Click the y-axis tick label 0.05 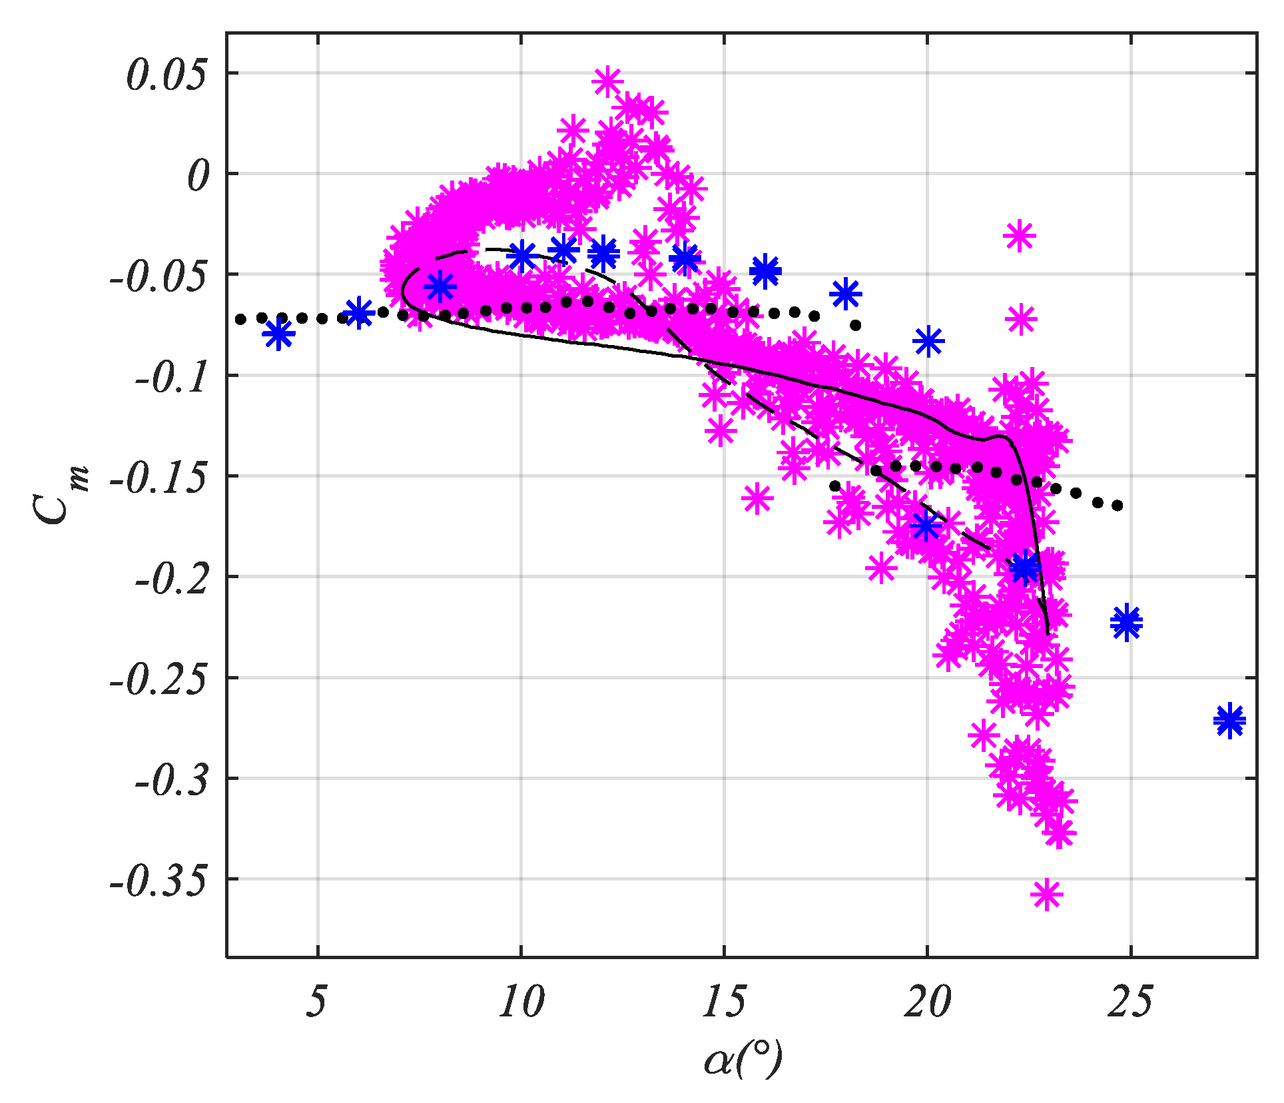coord(167,75)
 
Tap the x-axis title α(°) coord(742,1058)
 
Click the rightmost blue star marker coord(1229,720)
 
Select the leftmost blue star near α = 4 coord(278,334)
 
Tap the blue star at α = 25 coord(1126,622)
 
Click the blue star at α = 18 coord(846,293)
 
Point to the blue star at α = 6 coord(359,312)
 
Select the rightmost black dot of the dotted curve coord(1118,506)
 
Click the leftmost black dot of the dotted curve coord(240,319)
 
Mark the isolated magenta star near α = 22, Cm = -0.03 coord(1019,236)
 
